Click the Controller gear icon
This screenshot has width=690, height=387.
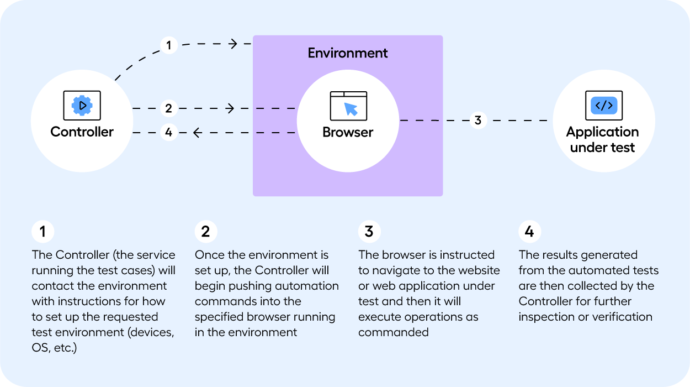pyautogui.click(x=82, y=105)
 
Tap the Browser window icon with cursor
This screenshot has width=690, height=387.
pyautogui.click(x=348, y=106)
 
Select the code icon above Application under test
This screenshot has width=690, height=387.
pyautogui.click(x=603, y=105)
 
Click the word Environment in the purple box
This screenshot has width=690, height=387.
pyautogui.click(x=348, y=53)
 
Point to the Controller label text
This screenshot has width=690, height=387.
pyautogui.click(x=82, y=132)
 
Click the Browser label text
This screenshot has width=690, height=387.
pyautogui.click(x=348, y=133)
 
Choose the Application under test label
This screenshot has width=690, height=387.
pyautogui.click(x=603, y=140)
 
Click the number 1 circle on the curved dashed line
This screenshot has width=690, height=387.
pyautogui.click(x=168, y=45)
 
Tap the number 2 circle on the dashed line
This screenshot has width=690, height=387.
pyautogui.click(x=168, y=108)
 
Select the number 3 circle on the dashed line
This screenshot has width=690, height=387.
pyautogui.click(x=478, y=120)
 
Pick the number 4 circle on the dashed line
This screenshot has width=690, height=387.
pyautogui.click(x=168, y=133)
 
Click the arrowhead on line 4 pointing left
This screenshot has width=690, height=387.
pyautogui.click(x=196, y=133)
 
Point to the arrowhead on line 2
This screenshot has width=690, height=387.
pyautogui.click(x=231, y=108)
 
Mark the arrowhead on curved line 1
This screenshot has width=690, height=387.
pyautogui.click(x=234, y=43)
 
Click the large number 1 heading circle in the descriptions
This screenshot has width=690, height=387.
pyautogui.click(x=43, y=232)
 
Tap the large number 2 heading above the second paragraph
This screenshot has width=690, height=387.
pyautogui.click(x=206, y=232)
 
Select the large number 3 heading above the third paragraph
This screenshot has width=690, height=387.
pyautogui.click(x=369, y=232)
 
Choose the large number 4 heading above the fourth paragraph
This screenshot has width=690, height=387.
pyautogui.click(x=529, y=232)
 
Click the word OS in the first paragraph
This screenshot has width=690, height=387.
pyautogui.click(x=40, y=348)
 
